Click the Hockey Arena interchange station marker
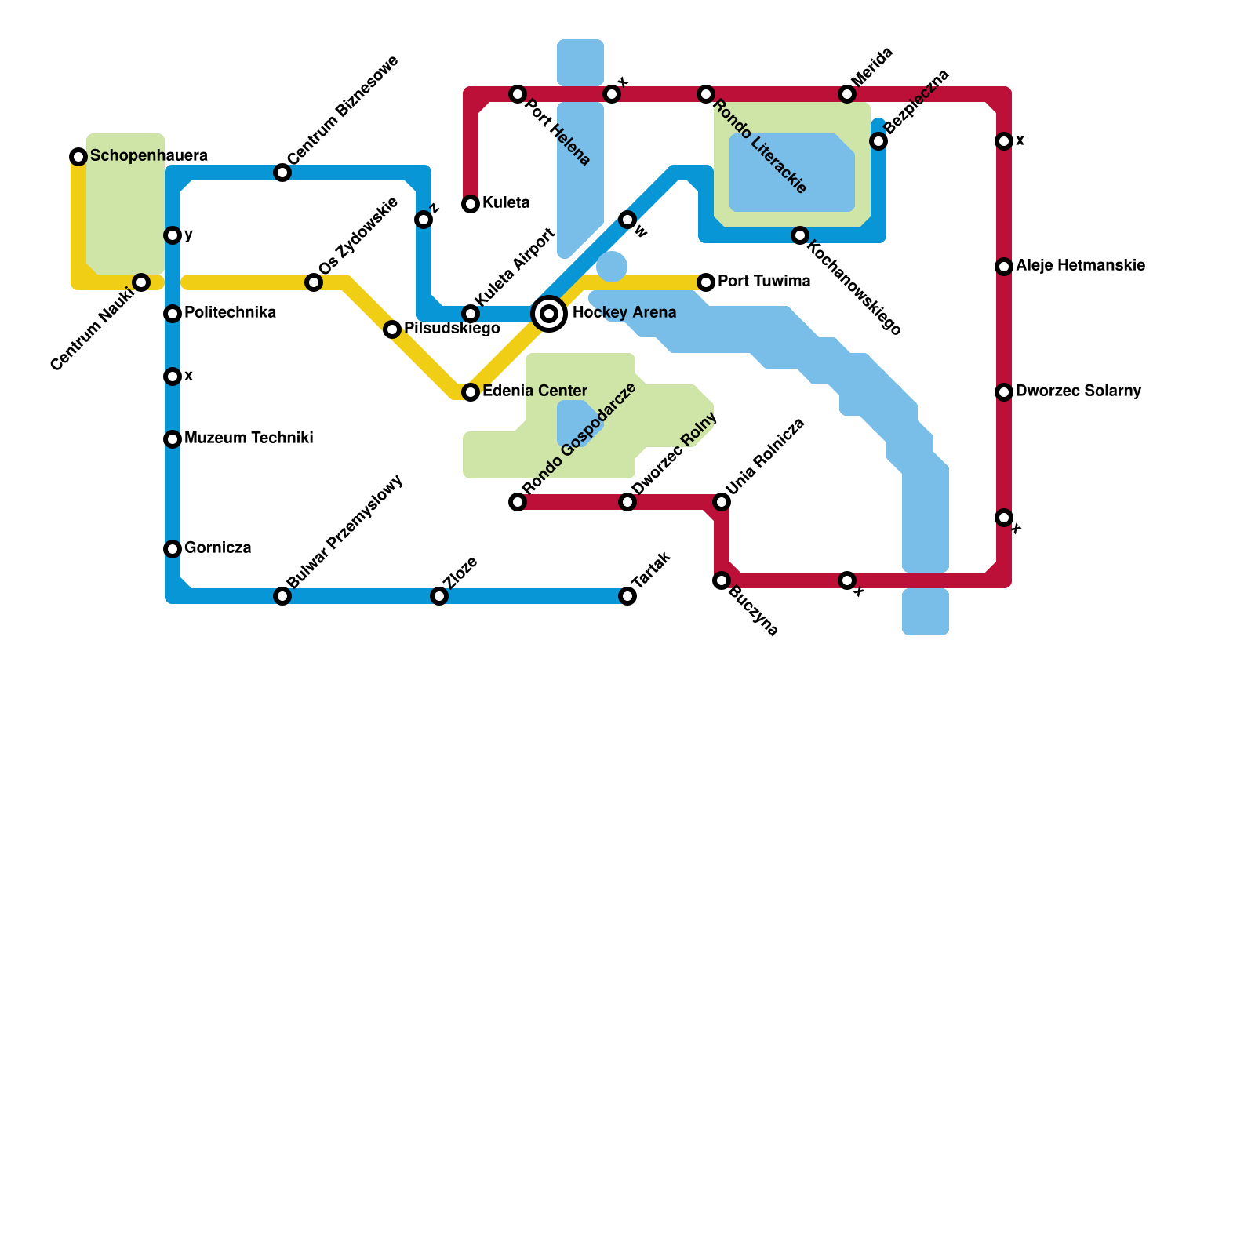(x=550, y=314)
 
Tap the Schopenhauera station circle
(x=78, y=157)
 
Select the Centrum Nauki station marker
(x=141, y=282)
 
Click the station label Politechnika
(x=230, y=313)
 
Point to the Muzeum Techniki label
(x=249, y=438)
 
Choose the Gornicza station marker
(x=173, y=549)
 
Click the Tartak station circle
(x=627, y=596)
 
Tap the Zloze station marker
(x=439, y=596)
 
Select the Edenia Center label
(x=534, y=391)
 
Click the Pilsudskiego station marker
(x=392, y=329)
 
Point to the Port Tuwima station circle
(x=706, y=282)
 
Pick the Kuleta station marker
(x=471, y=204)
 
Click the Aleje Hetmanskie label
(x=1080, y=266)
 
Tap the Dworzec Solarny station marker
(x=1004, y=392)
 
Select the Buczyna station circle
(x=722, y=580)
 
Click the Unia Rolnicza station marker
(x=722, y=502)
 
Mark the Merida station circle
(x=847, y=94)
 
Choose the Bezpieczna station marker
(x=878, y=141)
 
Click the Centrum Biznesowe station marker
(x=282, y=173)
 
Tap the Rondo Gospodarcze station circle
(x=518, y=502)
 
